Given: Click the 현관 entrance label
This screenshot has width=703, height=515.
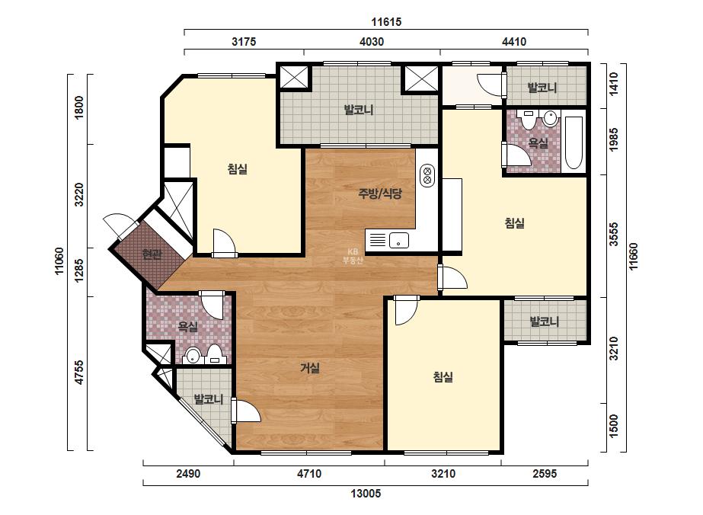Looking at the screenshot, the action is (x=152, y=254).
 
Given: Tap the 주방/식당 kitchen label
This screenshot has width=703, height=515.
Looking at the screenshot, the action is (x=380, y=194).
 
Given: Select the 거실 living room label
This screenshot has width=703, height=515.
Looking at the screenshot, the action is (x=310, y=368).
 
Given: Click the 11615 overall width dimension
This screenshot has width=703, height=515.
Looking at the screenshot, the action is (x=386, y=21).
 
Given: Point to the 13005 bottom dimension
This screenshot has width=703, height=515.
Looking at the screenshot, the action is (x=366, y=494).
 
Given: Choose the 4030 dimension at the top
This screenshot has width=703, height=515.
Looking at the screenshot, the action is (x=372, y=42).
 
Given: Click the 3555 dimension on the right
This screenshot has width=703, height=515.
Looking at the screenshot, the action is (x=614, y=234).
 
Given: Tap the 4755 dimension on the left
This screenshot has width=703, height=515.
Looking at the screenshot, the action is (x=79, y=373).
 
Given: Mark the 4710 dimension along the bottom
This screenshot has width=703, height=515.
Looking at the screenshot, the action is (x=309, y=473).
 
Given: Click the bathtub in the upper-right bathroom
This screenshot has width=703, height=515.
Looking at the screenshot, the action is (x=574, y=142).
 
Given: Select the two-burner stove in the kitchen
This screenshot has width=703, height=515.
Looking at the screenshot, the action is (x=427, y=175).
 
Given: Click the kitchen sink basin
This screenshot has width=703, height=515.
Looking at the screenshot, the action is (x=398, y=241).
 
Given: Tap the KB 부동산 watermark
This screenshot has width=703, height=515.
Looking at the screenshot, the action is (x=353, y=256).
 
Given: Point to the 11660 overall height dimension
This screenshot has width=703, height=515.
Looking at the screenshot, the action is (x=634, y=257).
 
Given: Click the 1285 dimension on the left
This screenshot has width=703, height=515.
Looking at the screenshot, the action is (x=79, y=270).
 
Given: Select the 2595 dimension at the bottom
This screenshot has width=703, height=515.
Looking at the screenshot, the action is (x=545, y=473).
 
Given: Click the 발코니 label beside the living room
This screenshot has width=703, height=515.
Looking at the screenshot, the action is (x=208, y=398).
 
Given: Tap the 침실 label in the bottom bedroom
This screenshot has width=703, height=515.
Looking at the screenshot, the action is (x=443, y=377).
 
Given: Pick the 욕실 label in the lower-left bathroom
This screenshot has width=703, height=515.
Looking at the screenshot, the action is (x=188, y=326).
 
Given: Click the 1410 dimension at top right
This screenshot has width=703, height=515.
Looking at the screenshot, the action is (x=614, y=84).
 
